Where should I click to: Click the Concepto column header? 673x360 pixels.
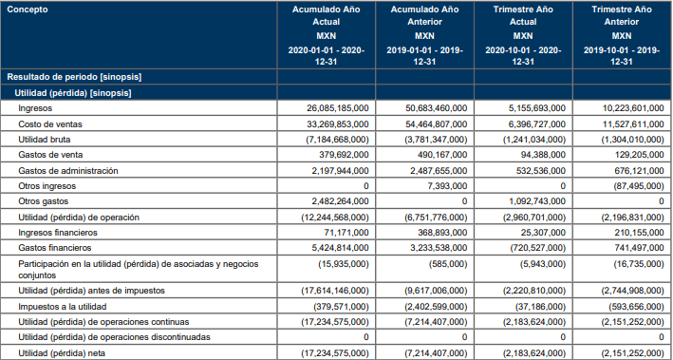tap(28, 9)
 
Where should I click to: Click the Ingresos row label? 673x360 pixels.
tap(35, 108)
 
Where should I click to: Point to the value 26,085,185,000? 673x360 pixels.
tap(338, 108)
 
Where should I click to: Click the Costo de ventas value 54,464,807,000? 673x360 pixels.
tap(437, 124)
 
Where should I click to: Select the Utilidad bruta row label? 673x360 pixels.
tap(45, 140)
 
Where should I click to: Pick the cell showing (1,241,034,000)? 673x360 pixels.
tap(534, 140)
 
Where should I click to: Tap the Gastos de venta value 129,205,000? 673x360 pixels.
tap(639, 155)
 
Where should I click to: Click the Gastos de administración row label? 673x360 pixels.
tap(67, 171)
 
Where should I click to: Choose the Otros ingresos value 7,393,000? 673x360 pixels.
tap(449, 186)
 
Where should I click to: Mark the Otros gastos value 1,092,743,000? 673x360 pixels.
tap(538, 201)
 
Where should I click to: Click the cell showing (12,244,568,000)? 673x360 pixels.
tap(335, 218)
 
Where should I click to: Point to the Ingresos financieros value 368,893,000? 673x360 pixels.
tap(442, 233)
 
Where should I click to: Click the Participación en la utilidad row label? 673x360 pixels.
tap(139, 270)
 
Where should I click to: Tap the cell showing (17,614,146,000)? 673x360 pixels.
tap(335, 291)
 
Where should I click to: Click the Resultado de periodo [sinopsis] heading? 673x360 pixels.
tap(74, 77)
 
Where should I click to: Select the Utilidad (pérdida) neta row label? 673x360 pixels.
tap(62, 353)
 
